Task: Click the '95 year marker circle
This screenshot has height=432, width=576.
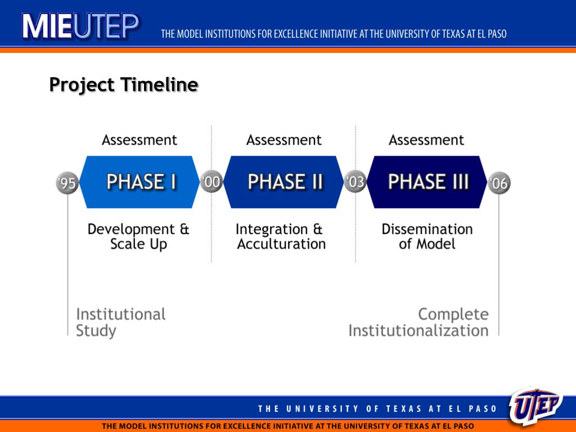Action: tap(67, 183)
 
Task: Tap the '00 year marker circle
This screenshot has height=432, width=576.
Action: tap(211, 182)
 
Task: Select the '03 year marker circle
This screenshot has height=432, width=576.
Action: tap(355, 182)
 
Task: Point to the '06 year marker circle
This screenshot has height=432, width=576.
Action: tap(499, 183)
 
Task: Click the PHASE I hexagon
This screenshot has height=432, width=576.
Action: tap(139, 182)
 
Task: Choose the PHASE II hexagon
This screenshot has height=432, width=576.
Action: tap(283, 182)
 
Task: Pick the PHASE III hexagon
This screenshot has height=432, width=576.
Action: tap(427, 182)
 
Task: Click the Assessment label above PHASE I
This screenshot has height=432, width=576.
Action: tap(139, 140)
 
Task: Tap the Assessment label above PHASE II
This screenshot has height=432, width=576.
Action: tap(284, 140)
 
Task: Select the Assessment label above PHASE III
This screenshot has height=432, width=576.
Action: tap(426, 140)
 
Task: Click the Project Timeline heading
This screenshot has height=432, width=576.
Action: tap(124, 85)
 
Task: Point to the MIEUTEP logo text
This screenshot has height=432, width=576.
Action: tap(80, 26)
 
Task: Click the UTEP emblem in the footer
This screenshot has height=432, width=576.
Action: tap(536, 406)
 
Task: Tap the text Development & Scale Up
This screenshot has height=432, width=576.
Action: tap(138, 237)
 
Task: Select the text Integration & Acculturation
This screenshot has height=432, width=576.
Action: tap(281, 237)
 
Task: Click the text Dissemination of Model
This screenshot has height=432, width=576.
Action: tap(427, 237)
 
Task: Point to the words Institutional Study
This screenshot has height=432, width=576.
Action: tap(120, 322)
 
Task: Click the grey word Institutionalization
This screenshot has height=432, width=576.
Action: tap(418, 331)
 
